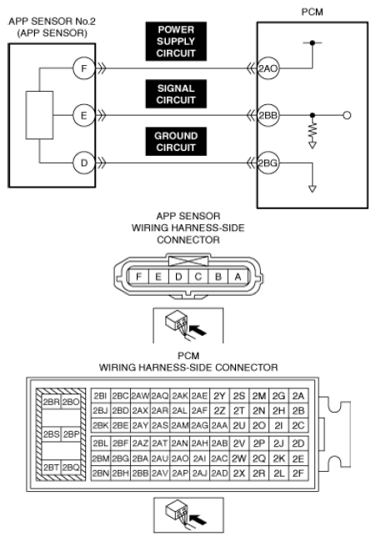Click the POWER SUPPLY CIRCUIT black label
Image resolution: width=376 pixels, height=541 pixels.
pos(176,42)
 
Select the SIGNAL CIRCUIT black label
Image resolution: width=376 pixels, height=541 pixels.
pos(176,94)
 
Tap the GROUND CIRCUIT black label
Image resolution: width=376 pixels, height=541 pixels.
pos(176,142)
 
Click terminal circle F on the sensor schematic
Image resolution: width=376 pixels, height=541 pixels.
pos(84,68)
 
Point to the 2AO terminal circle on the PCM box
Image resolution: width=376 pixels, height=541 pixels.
pos(268,68)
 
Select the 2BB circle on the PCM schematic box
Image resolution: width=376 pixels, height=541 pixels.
pos(268,115)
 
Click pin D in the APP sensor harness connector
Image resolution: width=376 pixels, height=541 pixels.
pos(178,277)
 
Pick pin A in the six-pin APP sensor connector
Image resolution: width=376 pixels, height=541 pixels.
pos(238,277)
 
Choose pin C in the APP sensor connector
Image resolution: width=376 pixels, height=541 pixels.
pos(198,277)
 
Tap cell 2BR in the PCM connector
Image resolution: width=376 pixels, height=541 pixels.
pos(52,402)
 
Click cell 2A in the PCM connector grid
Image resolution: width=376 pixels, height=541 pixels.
pos(298,396)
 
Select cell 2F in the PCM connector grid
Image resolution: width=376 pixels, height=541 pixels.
pos(298,473)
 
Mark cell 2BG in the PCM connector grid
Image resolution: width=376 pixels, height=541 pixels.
pos(120,458)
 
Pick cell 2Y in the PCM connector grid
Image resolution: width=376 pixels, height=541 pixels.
pos(219,396)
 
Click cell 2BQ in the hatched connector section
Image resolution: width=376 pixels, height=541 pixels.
pos(71,467)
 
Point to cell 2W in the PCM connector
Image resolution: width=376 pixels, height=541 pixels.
pos(238,458)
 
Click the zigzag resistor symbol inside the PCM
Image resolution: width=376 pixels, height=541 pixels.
pos(312,131)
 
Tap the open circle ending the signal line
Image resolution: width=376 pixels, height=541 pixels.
pos(347,115)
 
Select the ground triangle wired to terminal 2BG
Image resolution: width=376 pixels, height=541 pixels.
pos(312,188)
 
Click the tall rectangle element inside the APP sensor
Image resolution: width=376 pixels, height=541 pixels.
pos(39,115)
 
